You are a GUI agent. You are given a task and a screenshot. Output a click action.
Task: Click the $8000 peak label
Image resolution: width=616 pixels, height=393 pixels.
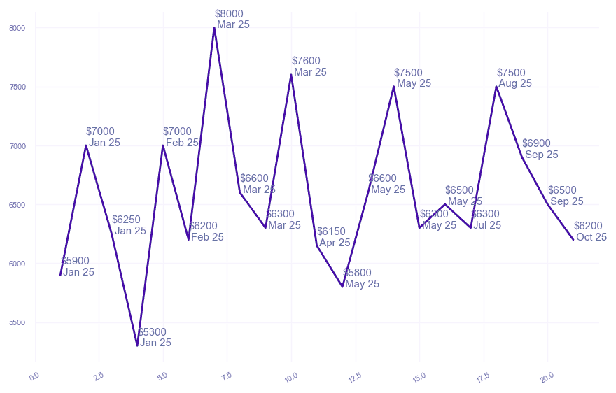231,19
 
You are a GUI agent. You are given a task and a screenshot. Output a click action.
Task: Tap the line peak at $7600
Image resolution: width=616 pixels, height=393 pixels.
291,75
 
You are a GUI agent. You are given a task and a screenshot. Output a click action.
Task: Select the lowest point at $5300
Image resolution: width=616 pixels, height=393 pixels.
137,345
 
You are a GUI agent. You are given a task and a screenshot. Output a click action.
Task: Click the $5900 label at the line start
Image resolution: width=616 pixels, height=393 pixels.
77,266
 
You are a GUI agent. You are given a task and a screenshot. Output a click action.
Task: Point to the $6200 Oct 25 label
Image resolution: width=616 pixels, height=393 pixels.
589,231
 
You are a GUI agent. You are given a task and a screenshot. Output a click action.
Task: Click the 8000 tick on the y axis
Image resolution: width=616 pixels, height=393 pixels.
17,28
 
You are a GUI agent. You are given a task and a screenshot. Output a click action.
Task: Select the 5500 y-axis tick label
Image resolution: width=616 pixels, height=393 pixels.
17,323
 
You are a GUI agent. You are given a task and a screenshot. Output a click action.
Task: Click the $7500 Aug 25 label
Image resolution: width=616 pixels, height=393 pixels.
513,78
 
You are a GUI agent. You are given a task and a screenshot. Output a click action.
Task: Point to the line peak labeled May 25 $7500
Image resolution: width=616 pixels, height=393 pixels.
394,87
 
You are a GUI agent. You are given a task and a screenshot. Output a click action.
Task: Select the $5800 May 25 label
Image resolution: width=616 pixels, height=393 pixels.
360,278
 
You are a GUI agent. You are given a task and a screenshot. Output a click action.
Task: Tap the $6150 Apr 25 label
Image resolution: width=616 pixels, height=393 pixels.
333,237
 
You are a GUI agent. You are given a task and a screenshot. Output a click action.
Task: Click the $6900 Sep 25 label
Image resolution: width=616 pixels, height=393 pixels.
539,149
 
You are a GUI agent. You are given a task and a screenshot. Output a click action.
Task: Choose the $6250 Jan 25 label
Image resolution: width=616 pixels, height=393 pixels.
129,225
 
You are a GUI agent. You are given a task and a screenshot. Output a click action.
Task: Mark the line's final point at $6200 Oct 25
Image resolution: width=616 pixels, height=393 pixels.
573,240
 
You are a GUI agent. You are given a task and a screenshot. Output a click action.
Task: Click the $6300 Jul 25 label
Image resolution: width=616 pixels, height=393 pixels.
486,220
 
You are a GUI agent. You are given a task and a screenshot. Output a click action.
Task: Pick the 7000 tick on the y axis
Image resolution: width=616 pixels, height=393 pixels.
17,146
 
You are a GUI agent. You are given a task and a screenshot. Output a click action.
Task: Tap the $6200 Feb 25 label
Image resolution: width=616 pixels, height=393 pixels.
206,231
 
